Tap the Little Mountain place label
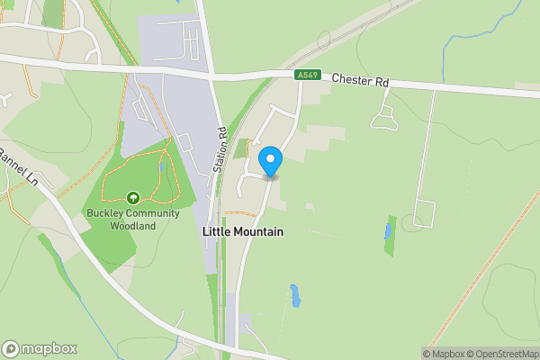[x=242, y=231]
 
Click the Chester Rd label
[x=360, y=81]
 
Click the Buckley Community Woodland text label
[x=133, y=219]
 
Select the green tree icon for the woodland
[x=133, y=197]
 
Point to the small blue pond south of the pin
[x=294, y=294]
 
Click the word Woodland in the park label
[x=133, y=225]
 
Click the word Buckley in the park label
[x=104, y=213]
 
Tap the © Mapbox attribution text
[x=443, y=354]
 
